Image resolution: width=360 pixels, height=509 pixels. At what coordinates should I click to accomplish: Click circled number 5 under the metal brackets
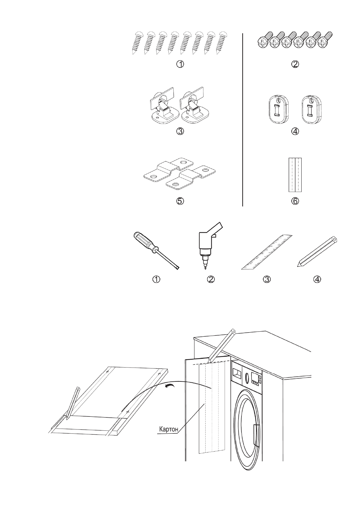[180, 201]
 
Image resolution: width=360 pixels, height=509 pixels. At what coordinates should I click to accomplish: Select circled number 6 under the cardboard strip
[295, 201]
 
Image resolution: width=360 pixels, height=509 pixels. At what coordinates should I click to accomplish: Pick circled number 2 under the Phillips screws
[295, 64]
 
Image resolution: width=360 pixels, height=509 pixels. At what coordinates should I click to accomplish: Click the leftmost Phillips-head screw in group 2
[262, 42]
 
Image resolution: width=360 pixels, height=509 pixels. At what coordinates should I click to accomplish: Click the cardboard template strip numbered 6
[295, 175]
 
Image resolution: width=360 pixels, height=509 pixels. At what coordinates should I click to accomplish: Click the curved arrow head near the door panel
[167, 385]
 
